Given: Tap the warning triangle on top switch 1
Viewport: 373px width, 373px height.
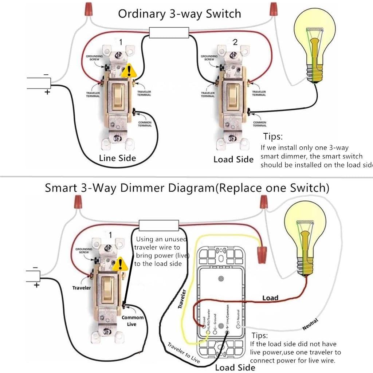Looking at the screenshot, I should pos(128,71).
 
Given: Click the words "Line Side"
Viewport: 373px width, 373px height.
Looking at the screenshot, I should pos(117,158).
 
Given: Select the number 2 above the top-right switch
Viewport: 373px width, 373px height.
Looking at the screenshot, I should pos(235,42).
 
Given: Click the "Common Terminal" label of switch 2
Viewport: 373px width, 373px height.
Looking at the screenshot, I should pos(259,124).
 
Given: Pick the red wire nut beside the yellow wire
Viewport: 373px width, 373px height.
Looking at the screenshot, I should pos(261,254).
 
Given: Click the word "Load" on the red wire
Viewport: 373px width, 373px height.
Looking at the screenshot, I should pos(270,298).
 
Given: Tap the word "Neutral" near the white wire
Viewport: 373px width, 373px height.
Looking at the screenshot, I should pos(310,324).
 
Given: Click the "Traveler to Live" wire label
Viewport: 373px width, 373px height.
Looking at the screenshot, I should pos(184,352).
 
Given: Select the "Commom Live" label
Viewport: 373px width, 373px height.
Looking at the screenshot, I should pos(132,321).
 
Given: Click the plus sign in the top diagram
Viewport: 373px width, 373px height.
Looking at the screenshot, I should pos(47,92).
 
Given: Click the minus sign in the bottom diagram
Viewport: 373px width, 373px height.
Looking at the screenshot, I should pos(35,268).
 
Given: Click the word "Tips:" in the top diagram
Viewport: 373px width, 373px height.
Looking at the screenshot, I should pos(273,137).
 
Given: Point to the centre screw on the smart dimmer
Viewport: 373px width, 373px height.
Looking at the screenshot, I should pos(221,279).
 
